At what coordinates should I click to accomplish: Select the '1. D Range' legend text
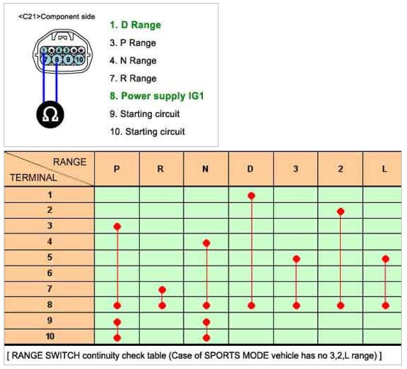(x=135, y=25)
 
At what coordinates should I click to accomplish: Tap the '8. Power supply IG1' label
(x=156, y=96)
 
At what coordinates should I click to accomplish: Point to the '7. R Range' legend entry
(x=133, y=78)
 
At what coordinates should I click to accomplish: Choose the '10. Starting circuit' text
(x=147, y=132)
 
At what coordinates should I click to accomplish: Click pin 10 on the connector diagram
(x=79, y=60)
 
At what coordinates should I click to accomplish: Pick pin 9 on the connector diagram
(x=68, y=60)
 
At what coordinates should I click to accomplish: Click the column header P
(x=117, y=169)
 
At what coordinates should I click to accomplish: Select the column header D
(x=251, y=169)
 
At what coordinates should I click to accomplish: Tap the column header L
(x=385, y=169)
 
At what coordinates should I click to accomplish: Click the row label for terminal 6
(x=50, y=273)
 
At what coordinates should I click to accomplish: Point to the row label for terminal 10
(x=50, y=337)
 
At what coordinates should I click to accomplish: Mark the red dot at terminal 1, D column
(x=252, y=196)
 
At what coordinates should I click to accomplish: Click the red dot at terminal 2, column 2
(x=341, y=212)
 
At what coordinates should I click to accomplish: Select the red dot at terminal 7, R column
(x=162, y=290)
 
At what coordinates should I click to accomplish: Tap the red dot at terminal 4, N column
(x=206, y=243)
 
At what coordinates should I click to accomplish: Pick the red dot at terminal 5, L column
(x=386, y=259)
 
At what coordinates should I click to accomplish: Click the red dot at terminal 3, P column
(x=117, y=226)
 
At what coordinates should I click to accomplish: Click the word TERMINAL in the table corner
(x=33, y=177)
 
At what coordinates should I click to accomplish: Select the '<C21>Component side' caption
(x=57, y=16)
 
